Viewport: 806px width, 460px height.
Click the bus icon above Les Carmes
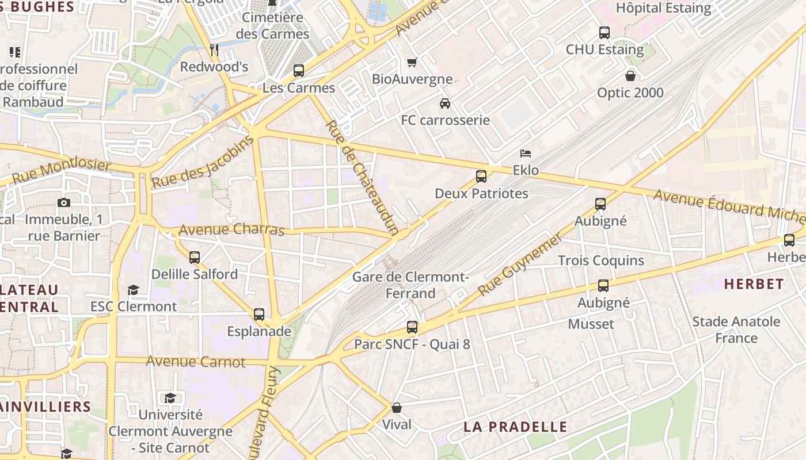click(x=298, y=71)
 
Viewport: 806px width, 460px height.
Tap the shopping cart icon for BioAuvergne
click(x=412, y=62)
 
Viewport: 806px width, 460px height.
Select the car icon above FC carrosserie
click(x=444, y=103)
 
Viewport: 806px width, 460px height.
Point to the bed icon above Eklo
click(x=525, y=154)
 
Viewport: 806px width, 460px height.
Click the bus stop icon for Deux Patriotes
click(x=481, y=177)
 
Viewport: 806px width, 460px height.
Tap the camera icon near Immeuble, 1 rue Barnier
click(x=63, y=202)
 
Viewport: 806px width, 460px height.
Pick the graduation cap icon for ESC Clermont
click(x=134, y=290)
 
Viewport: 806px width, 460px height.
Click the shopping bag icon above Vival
click(x=397, y=408)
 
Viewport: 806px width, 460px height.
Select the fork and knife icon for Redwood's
click(x=214, y=50)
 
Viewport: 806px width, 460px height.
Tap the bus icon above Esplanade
click(x=259, y=315)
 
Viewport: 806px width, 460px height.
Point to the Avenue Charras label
click(x=231, y=229)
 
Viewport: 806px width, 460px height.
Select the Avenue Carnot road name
click(x=195, y=362)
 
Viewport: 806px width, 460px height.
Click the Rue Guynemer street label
click(x=519, y=264)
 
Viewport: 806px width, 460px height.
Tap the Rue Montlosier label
click(x=61, y=172)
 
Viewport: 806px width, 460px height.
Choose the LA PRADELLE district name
click(x=515, y=427)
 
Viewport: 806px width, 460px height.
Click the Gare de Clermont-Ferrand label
click(x=410, y=285)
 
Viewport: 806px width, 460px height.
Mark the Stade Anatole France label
click(x=736, y=329)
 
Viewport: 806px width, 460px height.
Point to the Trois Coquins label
click(x=601, y=260)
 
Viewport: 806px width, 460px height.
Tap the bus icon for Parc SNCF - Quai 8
click(x=412, y=327)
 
